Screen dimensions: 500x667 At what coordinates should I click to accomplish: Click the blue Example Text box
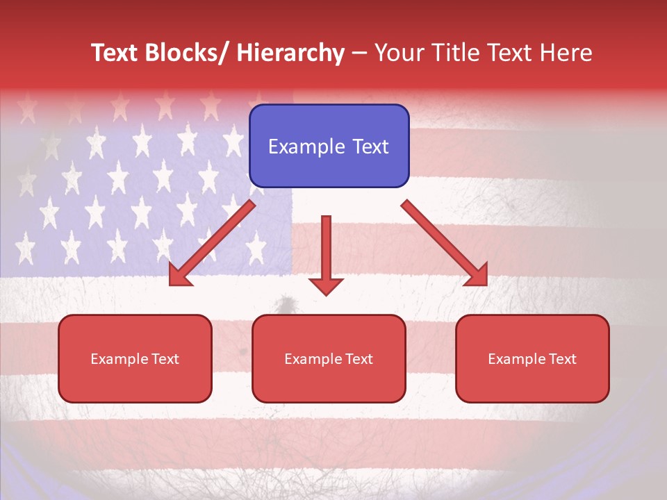[329, 146]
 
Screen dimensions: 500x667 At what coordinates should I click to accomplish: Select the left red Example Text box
[135, 358]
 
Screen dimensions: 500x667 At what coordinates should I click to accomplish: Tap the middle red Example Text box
[329, 358]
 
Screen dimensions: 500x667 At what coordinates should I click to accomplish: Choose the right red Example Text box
[532, 358]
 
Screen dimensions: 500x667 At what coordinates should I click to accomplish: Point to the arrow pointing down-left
[212, 243]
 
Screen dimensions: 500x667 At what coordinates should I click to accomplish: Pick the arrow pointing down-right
[445, 243]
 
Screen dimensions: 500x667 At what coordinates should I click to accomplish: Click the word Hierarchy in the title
[290, 53]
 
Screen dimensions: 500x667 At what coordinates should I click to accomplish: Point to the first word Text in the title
[116, 53]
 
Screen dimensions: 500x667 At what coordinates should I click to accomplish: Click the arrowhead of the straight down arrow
[326, 285]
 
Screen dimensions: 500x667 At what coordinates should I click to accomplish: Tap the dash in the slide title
[359, 53]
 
